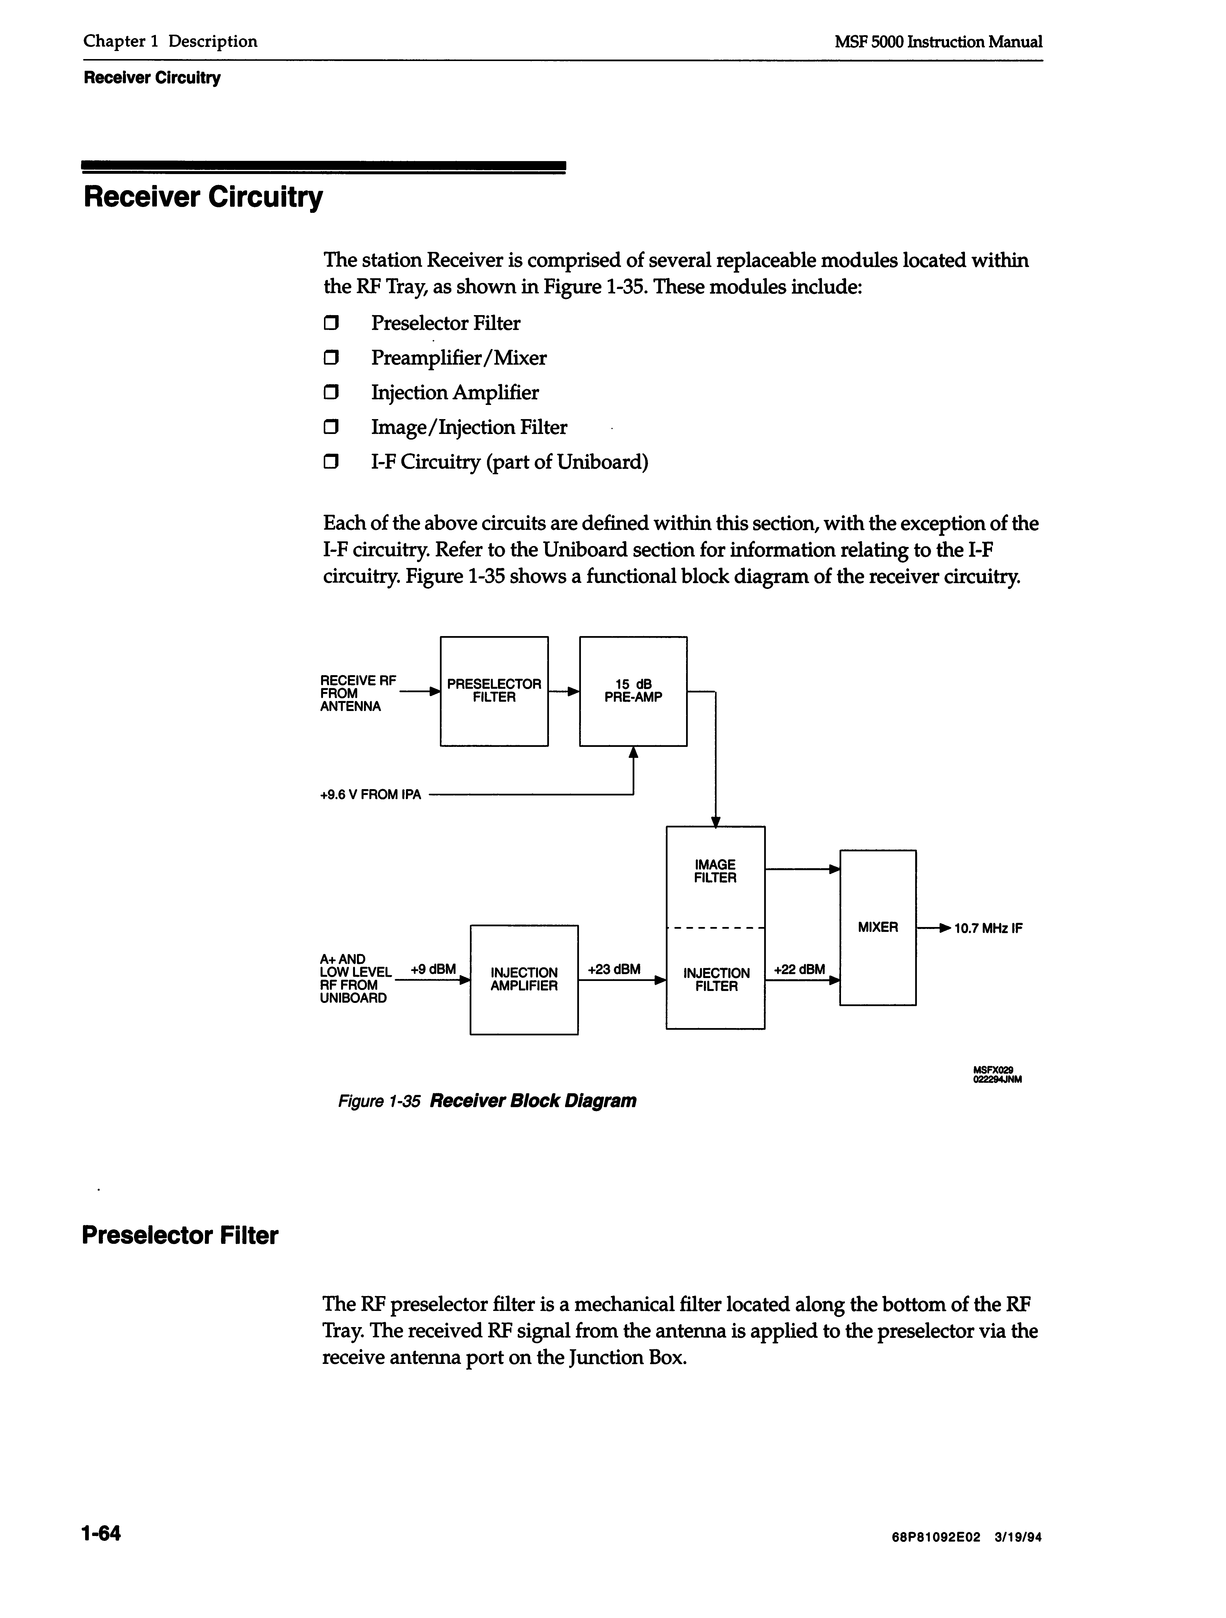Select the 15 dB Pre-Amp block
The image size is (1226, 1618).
(x=633, y=691)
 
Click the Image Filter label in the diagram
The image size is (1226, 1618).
(x=715, y=871)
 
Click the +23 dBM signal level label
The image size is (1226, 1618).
(x=614, y=969)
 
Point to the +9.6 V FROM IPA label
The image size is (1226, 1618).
(x=371, y=795)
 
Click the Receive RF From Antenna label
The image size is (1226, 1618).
(x=357, y=693)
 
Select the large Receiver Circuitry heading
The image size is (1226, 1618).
(x=203, y=197)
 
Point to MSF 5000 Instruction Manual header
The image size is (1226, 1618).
(x=938, y=42)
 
